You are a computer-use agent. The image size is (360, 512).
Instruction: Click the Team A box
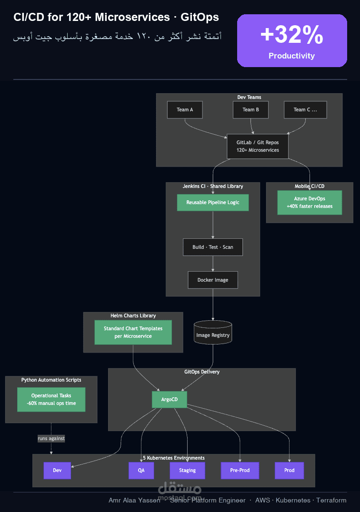185,110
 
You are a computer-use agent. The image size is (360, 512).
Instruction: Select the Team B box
250,110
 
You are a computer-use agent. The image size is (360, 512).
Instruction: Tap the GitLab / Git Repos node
258,146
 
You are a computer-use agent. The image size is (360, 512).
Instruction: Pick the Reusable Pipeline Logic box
213,202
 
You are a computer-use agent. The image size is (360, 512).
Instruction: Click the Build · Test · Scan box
213,247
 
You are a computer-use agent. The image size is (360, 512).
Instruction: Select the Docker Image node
213,280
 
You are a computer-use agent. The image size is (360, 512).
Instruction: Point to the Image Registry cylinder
213,333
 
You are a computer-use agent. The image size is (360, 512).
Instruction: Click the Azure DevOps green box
310,202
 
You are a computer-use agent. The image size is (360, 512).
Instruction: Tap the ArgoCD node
169,399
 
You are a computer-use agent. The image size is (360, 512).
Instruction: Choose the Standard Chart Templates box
133,333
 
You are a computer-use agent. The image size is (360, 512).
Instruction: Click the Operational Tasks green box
51,399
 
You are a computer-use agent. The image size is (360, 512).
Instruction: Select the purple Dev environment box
57,471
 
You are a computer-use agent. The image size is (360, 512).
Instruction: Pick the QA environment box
141,471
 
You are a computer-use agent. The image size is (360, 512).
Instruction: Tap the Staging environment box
187,471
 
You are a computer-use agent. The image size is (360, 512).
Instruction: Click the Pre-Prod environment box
240,471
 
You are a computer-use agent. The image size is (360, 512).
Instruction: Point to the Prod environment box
289,471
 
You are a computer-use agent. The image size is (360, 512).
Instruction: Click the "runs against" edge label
51,439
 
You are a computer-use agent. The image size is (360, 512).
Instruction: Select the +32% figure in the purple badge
292,34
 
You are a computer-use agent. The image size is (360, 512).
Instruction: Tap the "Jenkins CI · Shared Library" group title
213,186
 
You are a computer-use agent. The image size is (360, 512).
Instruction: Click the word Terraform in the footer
331,500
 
